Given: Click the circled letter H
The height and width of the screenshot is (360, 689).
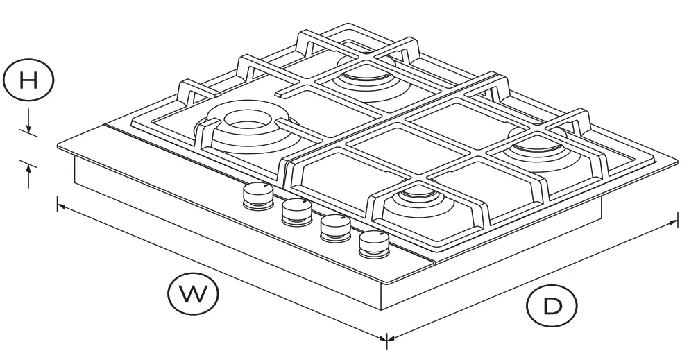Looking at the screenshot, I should [x=28, y=81].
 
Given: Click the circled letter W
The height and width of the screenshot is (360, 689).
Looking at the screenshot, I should [x=193, y=294].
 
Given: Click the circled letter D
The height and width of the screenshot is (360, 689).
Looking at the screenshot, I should [x=552, y=305].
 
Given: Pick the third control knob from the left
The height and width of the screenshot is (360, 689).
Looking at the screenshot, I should [x=334, y=228].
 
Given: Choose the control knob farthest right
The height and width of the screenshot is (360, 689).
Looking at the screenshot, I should [x=373, y=243].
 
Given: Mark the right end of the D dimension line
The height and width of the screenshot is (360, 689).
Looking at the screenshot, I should [x=677, y=221].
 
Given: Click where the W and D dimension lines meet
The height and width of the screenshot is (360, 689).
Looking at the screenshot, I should [x=387, y=338].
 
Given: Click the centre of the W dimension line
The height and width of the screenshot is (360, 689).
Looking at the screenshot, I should [x=222, y=271].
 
